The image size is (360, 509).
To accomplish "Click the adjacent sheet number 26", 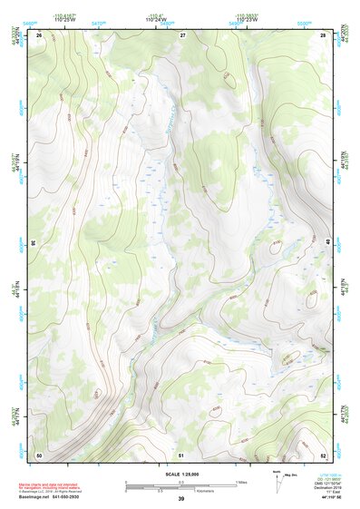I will click(x=40, y=34).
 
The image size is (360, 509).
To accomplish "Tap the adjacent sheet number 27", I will click(x=181, y=34).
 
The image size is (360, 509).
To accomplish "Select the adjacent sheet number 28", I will click(x=323, y=34).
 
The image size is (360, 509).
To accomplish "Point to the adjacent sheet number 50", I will click(x=39, y=454).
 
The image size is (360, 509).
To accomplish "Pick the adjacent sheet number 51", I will click(x=181, y=454).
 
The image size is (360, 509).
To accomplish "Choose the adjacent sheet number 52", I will click(x=323, y=454).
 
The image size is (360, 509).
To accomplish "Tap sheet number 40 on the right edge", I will click(x=327, y=243).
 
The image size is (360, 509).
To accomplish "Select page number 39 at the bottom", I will click(x=180, y=499).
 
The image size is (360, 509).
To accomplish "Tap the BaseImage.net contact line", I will click(x=68, y=498).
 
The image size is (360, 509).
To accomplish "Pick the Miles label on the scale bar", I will click(x=241, y=482).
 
